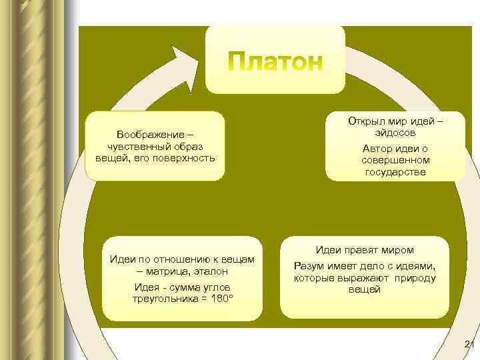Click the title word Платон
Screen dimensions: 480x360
275,62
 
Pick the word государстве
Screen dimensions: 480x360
395,172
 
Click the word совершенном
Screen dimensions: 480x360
395,160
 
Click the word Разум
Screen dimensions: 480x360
309,265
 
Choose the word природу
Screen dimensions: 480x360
414,277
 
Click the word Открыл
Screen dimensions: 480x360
365,121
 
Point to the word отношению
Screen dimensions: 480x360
170,259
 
